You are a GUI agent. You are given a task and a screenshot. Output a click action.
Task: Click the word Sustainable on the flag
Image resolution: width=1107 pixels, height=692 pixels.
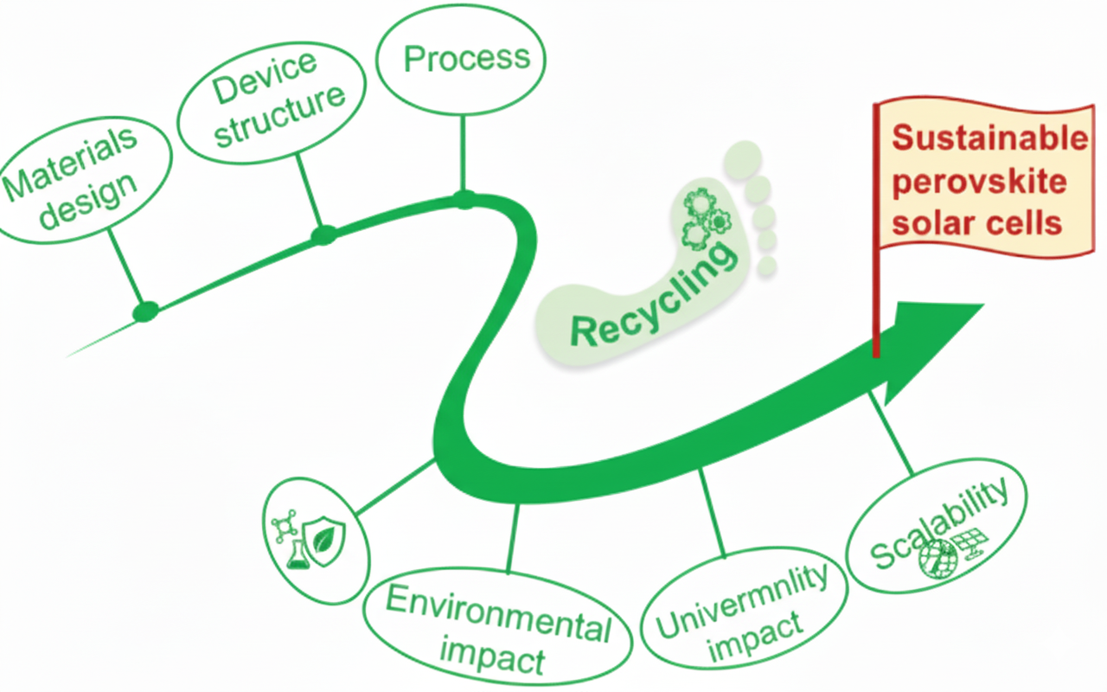(x=989, y=139)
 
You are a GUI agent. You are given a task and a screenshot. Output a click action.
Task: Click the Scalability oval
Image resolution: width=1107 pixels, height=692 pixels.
(x=938, y=527)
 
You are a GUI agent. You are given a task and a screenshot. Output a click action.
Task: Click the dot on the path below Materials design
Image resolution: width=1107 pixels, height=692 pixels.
(x=145, y=311)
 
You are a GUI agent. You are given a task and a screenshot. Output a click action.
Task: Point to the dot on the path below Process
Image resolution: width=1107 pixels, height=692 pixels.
(x=465, y=200)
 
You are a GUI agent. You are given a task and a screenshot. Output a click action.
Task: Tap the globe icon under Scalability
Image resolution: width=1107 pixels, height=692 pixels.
(x=933, y=557)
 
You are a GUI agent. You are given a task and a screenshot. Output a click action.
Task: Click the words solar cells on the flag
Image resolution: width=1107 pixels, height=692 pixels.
(x=976, y=223)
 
